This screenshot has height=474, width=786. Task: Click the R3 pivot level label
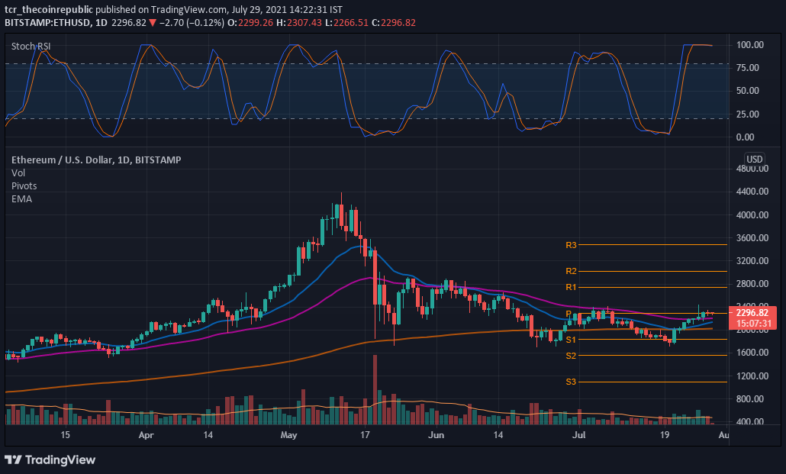[x=571, y=245]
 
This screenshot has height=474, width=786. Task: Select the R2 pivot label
[x=571, y=271]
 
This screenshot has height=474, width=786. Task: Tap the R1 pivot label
[x=571, y=287]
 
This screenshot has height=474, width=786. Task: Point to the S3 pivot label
[x=571, y=382]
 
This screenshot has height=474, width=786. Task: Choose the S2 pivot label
[x=571, y=356]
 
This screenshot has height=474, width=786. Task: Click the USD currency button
[x=754, y=160]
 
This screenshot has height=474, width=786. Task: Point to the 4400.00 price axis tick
[x=752, y=192]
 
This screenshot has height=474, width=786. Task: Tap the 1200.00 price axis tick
[x=752, y=376]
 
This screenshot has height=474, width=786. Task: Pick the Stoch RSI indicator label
[x=31, y=47]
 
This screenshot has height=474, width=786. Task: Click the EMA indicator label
[x=21, y=198]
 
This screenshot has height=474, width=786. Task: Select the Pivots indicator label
[x=24, y=185]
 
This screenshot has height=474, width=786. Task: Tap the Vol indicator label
[x=18, y=173]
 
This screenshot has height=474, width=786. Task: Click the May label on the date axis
[x=288, y=435]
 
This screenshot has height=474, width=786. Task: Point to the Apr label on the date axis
[x=147, y=435]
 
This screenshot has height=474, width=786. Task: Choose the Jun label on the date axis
[x=436, y=435]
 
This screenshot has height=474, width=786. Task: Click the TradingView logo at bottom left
[x=50, y=459]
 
